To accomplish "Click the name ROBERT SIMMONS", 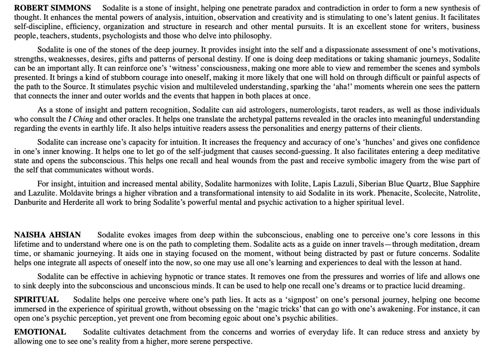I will coord(53,8).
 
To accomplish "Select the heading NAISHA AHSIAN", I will coord(47,235).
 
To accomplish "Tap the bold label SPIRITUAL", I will coord(36,300).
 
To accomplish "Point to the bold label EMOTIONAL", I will coord(40,332).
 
